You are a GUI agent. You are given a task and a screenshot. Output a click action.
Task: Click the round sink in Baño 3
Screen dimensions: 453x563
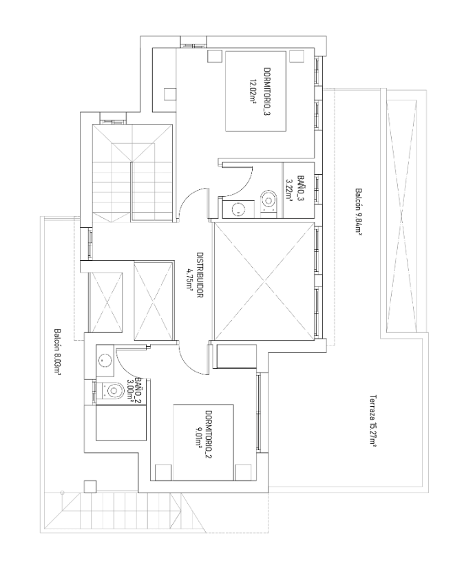[238, 209]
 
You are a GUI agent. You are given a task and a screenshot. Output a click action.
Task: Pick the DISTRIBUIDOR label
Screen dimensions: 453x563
[200, 275]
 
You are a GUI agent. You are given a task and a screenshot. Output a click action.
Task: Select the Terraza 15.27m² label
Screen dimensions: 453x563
[373, 421]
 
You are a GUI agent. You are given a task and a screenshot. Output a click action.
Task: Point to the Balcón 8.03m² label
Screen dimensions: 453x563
[56, 352]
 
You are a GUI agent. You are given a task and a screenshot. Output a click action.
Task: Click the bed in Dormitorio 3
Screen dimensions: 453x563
[255, 91]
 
